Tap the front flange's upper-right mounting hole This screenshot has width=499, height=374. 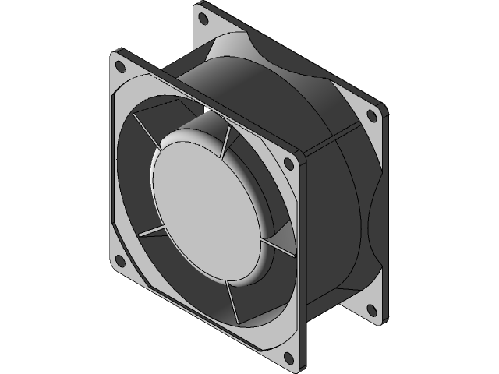pyautogui.click(x=290, y=163)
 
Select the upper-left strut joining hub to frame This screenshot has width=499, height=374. pyautogui.click(x=148, y=125)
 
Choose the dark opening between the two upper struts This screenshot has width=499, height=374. pyautogui.click(x=183, y=117)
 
